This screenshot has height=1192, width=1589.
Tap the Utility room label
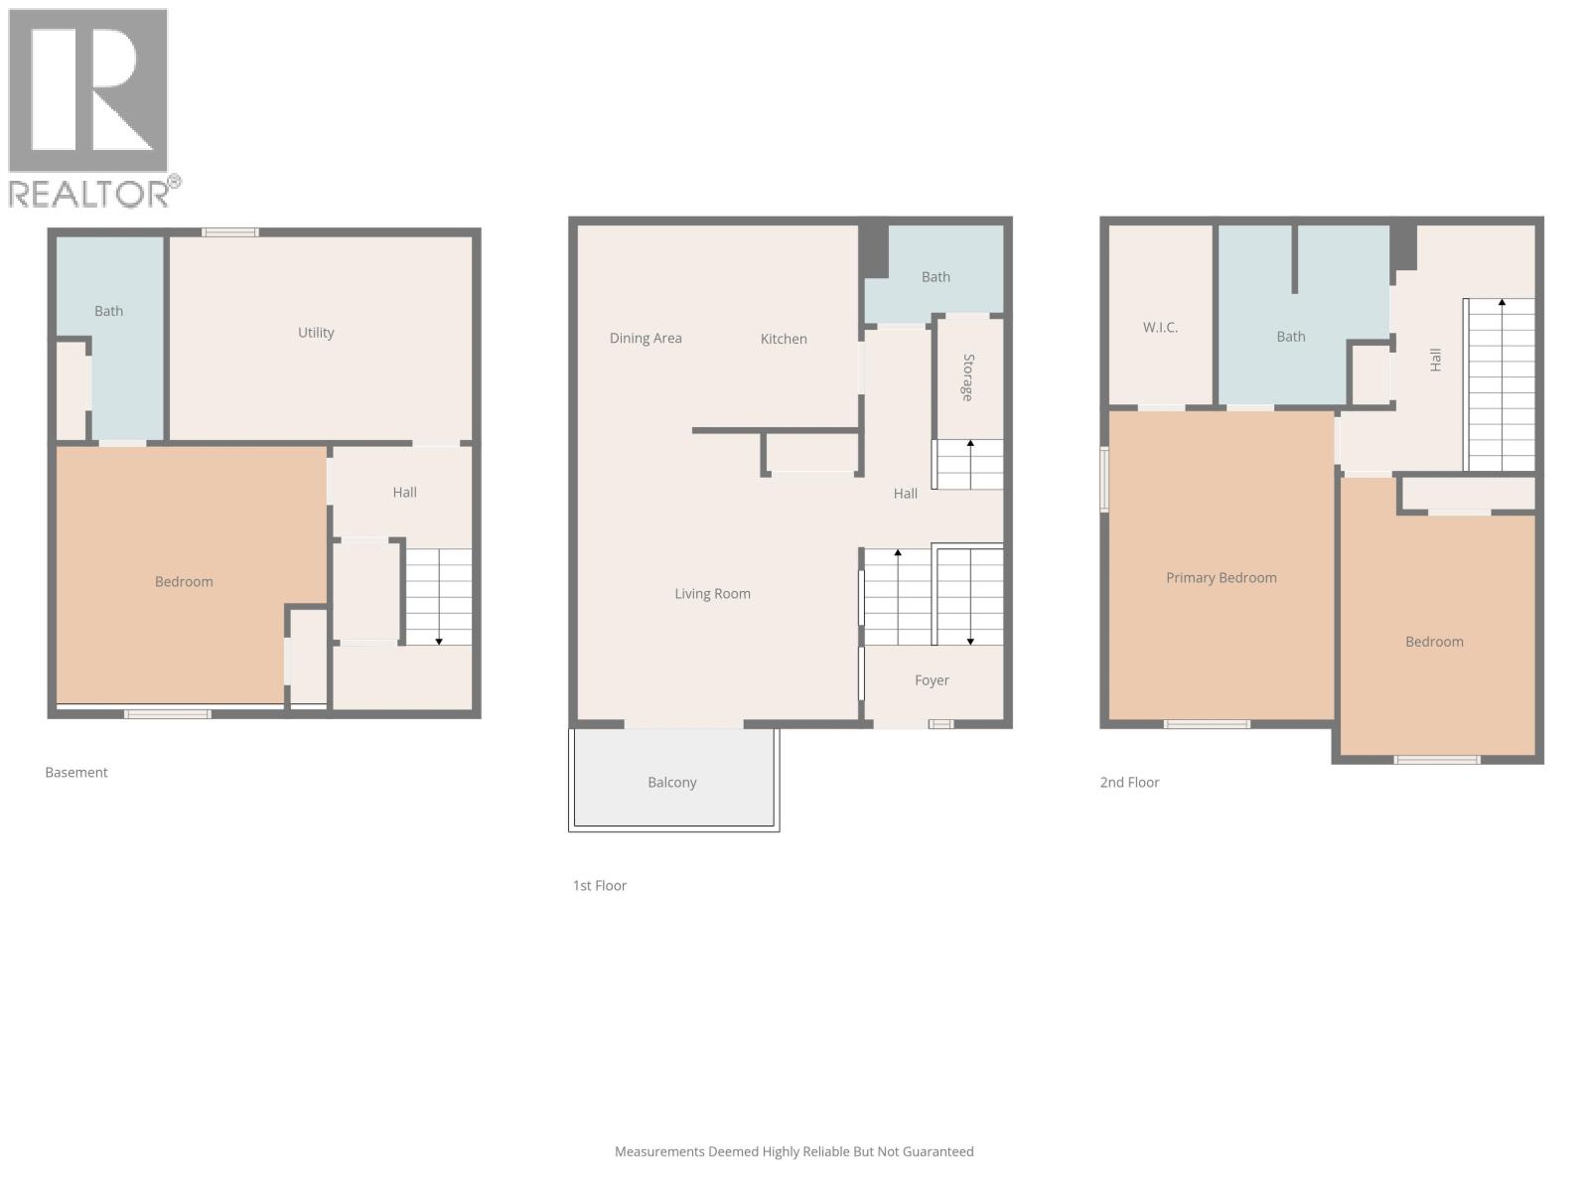(x=316, y=333)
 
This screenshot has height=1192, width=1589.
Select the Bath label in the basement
(x=108, y=311)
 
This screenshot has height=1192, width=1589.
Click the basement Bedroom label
(x=184, y=582)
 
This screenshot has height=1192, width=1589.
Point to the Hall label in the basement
(x=404, y=493)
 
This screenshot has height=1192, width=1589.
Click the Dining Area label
(x=646, y=339)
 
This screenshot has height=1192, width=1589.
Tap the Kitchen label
(x=784, y=339)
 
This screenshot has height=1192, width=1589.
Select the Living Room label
(x=712, y=594)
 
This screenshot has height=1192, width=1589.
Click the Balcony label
(x=672, y=783)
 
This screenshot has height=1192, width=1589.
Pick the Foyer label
(x=932, y=680)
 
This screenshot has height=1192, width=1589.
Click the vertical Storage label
(x=968, y=377)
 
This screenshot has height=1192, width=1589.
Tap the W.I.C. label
(x=1160, y=328)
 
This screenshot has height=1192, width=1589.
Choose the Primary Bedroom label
(x=1221, y=578)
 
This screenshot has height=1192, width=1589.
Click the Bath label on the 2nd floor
(x=1290, y=337)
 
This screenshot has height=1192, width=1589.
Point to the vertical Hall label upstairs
(x=1435, y=360)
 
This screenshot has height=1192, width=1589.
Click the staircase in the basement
(x=438, y=597)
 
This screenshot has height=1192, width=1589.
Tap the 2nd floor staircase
(x=1501, y=384)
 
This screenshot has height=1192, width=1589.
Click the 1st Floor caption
(x=599, y=886)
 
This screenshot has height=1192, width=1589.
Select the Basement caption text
(x=76, y=773)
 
